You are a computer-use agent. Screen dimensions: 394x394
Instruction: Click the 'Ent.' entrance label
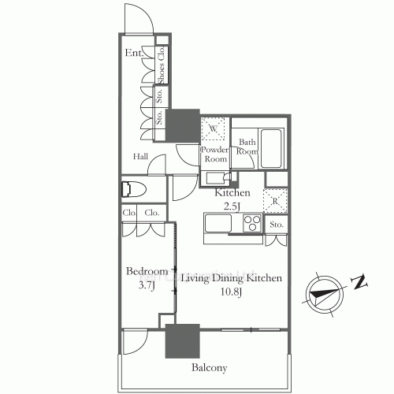pyautogui.click(x=133, y=53)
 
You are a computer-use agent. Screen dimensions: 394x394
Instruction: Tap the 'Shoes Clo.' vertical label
pyautogui.click(x=162, y=65)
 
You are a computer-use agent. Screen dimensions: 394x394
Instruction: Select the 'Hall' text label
pyautogui.click(x=141, y=157)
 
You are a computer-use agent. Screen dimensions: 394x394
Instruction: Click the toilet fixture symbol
pyautogui.click(x=131, y=190)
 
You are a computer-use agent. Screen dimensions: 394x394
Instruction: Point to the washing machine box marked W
pyautogui.click(x=214, y=128)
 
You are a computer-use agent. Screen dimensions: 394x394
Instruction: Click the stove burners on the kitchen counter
pyautogui.click(x=251, y=225)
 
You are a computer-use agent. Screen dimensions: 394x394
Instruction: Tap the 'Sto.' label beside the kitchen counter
pyautogui.click(x=276, y=225)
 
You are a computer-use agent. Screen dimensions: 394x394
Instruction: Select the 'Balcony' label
pyautogui.click(x=209, y=368)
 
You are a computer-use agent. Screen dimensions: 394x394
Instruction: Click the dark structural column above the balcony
pyautogui.click(x=181, y=340)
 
